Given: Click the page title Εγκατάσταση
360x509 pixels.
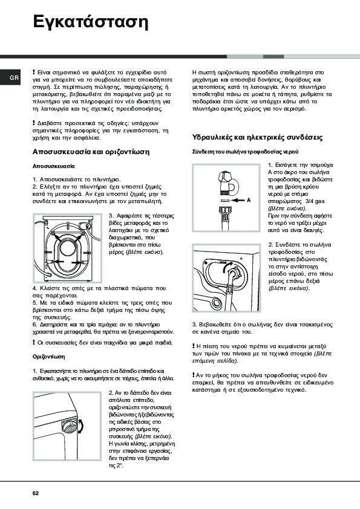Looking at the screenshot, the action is pyautogui.click(x=91, y=22).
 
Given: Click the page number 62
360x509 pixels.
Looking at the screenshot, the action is pyautogui.click(x=36, y=493).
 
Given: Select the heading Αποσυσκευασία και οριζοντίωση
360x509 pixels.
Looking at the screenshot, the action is pyautogui.click(x=91, y=152).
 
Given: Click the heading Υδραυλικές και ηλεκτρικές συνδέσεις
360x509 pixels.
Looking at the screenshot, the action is pyautogui.click(x=257, y=137).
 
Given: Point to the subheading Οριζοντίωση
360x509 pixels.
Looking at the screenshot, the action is pyautogui.click(x=49, y=357).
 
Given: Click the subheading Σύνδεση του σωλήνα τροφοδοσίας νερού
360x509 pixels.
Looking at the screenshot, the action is pyautogui.click(x=245, y=152).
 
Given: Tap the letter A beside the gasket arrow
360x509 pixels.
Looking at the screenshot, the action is pyautogui.click(x=249, y=200).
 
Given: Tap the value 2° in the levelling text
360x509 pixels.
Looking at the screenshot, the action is pyautogui.click(x=120, y=466).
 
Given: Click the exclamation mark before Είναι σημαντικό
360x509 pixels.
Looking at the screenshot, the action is pyautogui.click(x=34, y=72).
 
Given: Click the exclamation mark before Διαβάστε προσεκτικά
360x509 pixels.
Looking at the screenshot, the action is pyautogui.click(x=34, y=123).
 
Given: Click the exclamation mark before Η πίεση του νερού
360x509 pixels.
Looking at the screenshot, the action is pyautogui.click(x=194, y=346).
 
